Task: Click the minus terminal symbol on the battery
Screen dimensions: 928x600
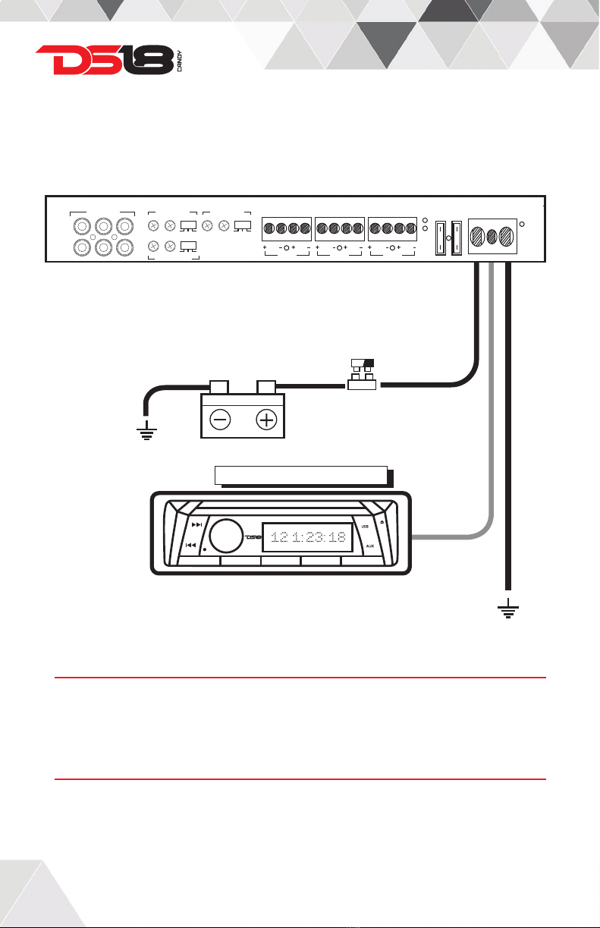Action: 220,420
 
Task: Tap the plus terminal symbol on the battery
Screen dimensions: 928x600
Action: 265,420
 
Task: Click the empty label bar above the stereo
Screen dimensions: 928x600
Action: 302,475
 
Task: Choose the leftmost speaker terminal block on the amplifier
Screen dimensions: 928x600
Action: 287,227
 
